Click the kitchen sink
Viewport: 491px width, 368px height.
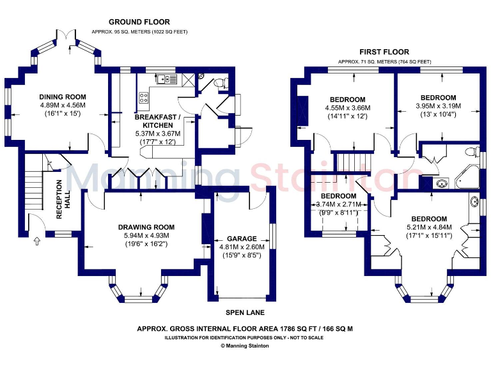(x=166, y=79)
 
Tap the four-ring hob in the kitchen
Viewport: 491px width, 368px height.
(x=144, y=98)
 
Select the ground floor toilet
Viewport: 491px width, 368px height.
(x=217, y=82)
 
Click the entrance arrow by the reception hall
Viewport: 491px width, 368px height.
(x=36, y=241)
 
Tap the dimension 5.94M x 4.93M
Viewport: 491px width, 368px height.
(x=146, y=235)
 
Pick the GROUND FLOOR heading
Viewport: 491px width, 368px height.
(x=139, y=22)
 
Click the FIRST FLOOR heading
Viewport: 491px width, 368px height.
(x=384, y=52)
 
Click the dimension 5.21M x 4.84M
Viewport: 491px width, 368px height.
(x=429, y=227)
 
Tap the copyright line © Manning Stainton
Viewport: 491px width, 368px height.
(x=245, y=346)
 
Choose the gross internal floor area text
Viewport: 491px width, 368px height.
(x=245, y=328)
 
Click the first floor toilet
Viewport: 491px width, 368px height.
(x=472, y=152)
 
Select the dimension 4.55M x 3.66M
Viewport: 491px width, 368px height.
(x=347, y=108)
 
